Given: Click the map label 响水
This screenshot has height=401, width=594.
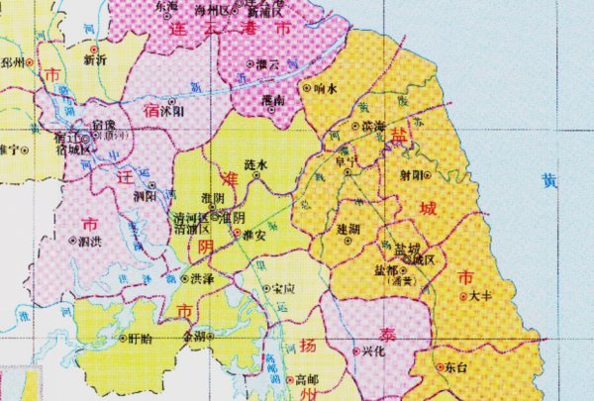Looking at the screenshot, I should [x=327, y=87].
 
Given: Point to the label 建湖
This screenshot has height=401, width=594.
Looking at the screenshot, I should [x=347, y=229].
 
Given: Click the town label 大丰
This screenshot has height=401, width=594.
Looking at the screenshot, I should [x=481, y=295].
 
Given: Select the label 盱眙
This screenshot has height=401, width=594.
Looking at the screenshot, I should [x=141, y=338].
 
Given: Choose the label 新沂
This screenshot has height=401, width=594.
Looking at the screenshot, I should [x=95, y=58].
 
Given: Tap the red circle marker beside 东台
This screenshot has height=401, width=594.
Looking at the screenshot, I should [x=438, y=366].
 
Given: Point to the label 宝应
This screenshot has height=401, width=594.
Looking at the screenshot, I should [x=284, y=288].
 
